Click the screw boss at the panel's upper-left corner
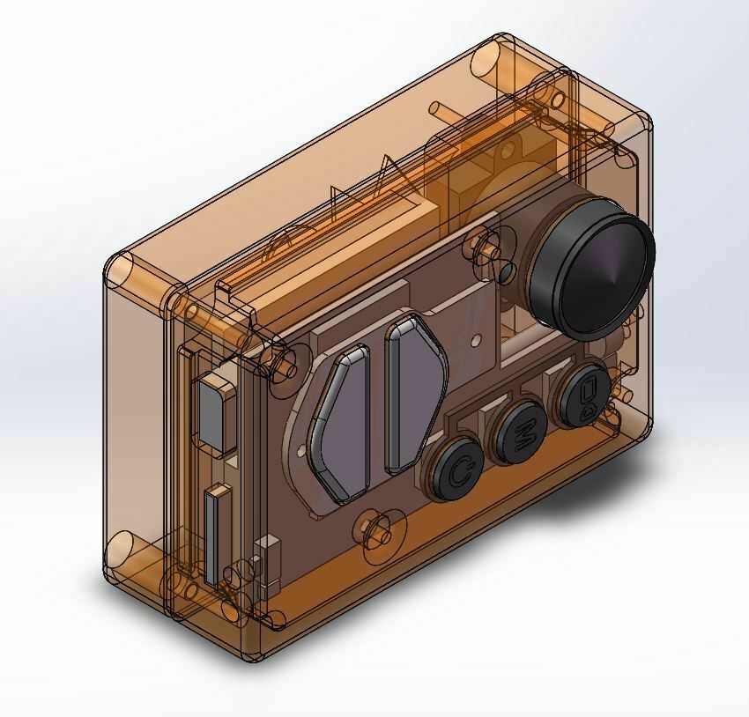[284, 362]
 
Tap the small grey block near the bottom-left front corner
[262, 562]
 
